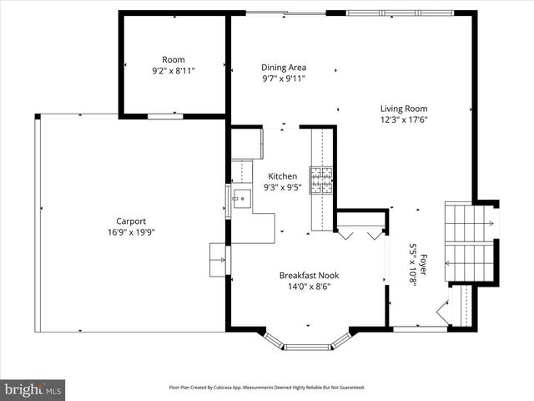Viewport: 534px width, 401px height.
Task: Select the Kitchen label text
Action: coord(282,176)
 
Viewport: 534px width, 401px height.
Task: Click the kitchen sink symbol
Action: coord(242,199)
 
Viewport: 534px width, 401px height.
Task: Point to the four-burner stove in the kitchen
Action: coord(321,179)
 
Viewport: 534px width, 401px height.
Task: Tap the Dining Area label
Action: coord(284,68)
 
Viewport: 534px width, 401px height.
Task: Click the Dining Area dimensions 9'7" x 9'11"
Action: coord(284,79)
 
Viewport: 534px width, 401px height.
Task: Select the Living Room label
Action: coord(404,108)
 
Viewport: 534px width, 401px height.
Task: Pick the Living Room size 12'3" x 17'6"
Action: coord(404,119)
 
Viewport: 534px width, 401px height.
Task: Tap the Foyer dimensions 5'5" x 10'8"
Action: coord(412,264)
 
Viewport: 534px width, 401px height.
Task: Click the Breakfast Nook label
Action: coord(309,275)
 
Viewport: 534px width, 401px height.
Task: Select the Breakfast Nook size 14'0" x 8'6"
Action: coord(309,287)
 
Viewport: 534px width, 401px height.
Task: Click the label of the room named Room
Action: coord(174,59)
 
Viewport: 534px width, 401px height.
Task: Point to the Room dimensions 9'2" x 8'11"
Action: coord(174,71)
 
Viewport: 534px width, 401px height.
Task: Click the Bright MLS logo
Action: coord(33,389)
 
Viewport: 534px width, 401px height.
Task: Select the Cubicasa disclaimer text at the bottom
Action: coord(267,388)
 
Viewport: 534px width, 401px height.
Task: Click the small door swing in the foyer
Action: coord(441,313)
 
